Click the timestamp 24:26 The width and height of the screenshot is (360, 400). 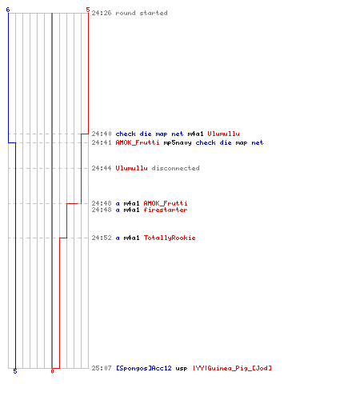[102, 13]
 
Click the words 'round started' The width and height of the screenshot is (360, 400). [142, 13]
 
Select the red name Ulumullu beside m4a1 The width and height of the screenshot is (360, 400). [223, 134]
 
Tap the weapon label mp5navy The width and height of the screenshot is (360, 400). [178, 143]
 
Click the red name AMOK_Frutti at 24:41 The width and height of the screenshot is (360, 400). [138, 143]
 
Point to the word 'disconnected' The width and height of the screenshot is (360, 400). [175, 168]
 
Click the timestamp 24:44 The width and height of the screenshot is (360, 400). [102, 168]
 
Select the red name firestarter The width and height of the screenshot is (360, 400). [166, 210]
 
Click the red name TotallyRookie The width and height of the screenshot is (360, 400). [170, 238]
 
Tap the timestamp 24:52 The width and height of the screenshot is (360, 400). [102, 238]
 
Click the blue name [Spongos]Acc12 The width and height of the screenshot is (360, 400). [144, 368]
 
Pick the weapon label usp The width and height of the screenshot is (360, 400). [182, 369]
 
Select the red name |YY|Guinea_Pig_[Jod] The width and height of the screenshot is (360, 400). [232, 368]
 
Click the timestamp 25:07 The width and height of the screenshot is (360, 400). [102, 368]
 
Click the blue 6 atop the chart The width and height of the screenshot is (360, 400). [8, 10]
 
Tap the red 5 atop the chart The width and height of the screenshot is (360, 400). [88, 10]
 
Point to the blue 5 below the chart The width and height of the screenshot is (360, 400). [15, 371]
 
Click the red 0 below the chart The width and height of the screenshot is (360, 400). [52, 371]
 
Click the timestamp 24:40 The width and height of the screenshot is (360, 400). [102, 134]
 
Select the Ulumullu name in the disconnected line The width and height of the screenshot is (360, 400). [131, 168]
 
